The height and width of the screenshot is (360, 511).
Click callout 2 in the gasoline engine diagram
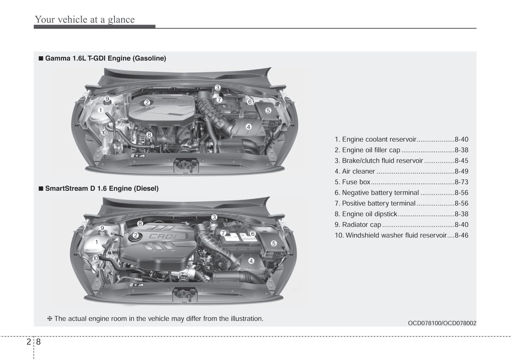tap(147, 102)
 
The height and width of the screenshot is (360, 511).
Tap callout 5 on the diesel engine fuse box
tap(273, 243)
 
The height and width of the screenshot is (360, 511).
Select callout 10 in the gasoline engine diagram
tap(104, 132)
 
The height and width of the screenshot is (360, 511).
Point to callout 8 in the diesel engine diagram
tap(140, 223)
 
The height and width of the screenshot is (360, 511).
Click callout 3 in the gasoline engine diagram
tap(217, 88)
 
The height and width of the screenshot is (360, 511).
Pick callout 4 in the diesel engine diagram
tap(251, 261)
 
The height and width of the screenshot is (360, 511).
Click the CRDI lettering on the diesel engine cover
tap(163, 236)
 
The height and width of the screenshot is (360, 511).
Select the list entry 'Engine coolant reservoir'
tap(376, 140)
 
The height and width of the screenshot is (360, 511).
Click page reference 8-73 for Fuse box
tap(461, 182)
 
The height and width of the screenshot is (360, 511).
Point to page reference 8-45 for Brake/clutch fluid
tap(461, 161)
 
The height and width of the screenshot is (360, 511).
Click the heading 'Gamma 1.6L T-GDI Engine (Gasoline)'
tap(105, 58)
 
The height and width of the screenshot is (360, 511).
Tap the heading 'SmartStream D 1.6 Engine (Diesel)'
tap(101, 188)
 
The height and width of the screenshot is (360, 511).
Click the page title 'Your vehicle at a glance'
tap(85, 19)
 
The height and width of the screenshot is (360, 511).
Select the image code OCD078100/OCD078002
tap(442, 323)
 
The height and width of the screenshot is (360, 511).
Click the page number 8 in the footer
tap(38, 342)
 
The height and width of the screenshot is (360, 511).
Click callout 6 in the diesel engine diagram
tap(253, 234)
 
